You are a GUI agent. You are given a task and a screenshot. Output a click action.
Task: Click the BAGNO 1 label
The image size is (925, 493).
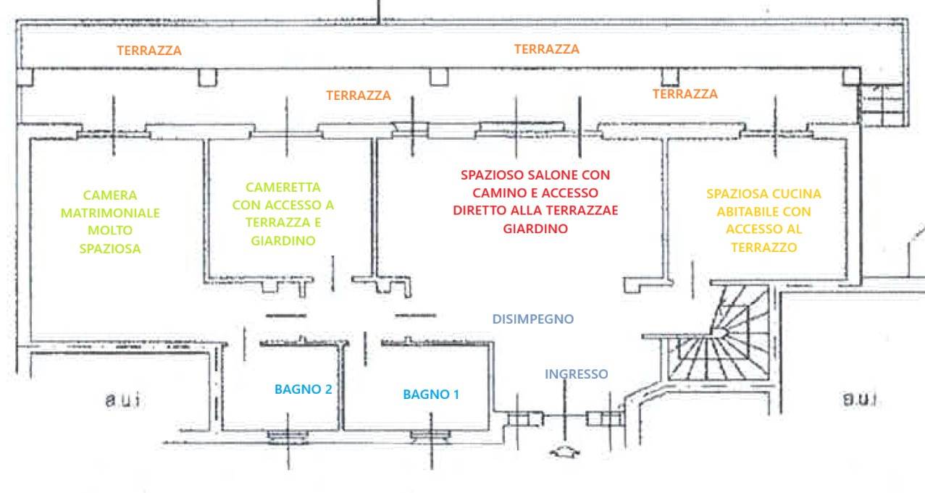point(431,395)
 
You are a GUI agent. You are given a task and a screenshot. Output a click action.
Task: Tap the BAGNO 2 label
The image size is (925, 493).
point(303,389)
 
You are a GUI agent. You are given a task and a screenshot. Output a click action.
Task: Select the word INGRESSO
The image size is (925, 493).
point(576,374)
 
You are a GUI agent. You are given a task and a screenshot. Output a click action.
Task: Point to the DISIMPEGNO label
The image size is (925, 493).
point(533,319)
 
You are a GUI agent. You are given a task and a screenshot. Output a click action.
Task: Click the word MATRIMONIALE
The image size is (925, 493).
point(110,213)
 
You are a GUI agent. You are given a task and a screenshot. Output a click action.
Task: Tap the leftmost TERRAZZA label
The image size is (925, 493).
point(149,51)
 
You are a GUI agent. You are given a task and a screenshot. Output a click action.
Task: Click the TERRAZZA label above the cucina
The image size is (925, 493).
point(685,94)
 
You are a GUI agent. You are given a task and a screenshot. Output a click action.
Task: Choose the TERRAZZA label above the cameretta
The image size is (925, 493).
point(358,95)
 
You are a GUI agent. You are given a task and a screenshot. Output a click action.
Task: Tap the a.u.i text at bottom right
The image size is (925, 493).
point(860,399)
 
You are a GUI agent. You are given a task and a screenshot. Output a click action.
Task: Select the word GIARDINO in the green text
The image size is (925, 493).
point(283,241)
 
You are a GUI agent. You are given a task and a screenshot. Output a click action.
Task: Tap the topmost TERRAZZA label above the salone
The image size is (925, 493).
point(546,49)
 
